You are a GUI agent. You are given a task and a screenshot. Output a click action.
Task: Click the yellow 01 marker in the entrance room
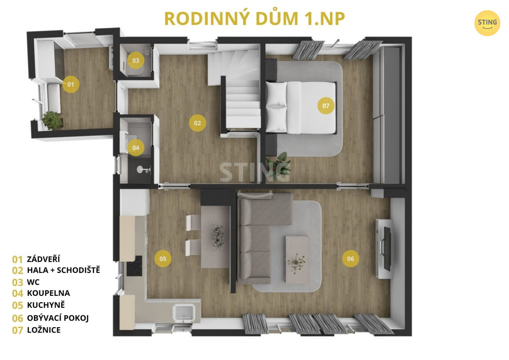tap(71, 85)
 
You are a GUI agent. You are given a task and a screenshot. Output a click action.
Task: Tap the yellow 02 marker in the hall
tap(197, 123)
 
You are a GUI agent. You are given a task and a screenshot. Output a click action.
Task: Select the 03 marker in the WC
tap(136, 60)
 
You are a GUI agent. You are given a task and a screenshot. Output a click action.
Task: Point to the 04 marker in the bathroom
tap(136, 148)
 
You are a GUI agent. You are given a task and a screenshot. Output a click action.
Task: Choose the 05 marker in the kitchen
tap(163, 259)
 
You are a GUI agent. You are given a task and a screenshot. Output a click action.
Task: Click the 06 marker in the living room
tap(350, 259)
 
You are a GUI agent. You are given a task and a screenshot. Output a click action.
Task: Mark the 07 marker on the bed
tap(326, 105)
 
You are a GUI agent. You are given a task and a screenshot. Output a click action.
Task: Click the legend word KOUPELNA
tap(48, 293)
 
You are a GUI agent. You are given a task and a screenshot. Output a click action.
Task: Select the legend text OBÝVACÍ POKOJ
tap(58, 318)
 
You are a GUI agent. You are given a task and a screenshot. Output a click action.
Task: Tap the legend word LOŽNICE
tap(44, 330)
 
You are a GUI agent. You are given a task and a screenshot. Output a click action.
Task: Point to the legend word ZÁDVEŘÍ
tap(44, 259)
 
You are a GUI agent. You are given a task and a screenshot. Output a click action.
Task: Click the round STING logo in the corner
tap(487, 23)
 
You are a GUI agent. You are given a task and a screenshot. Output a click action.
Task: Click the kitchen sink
tap(184, 313)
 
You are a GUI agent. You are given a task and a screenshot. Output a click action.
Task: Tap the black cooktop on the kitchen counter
tap(134, 266)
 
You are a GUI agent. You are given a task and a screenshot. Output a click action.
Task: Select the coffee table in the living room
tap(297, 260)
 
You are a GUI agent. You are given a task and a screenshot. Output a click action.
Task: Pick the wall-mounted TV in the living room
tap(387, 249)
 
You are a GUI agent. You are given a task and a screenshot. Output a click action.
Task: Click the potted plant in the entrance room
tap(52, 120)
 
